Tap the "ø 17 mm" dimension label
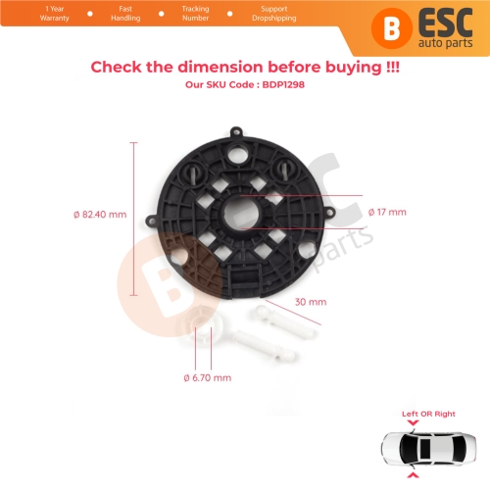(387, 212)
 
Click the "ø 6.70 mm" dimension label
(208, 377)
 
